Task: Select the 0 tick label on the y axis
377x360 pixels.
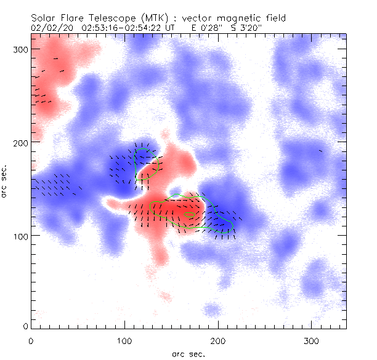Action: [x=25, y=325]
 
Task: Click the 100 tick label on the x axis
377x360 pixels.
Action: [x=124, y=340]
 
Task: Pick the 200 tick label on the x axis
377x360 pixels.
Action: [x=217, y=340]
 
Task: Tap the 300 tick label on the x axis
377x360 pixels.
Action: [x=311, y=340]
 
